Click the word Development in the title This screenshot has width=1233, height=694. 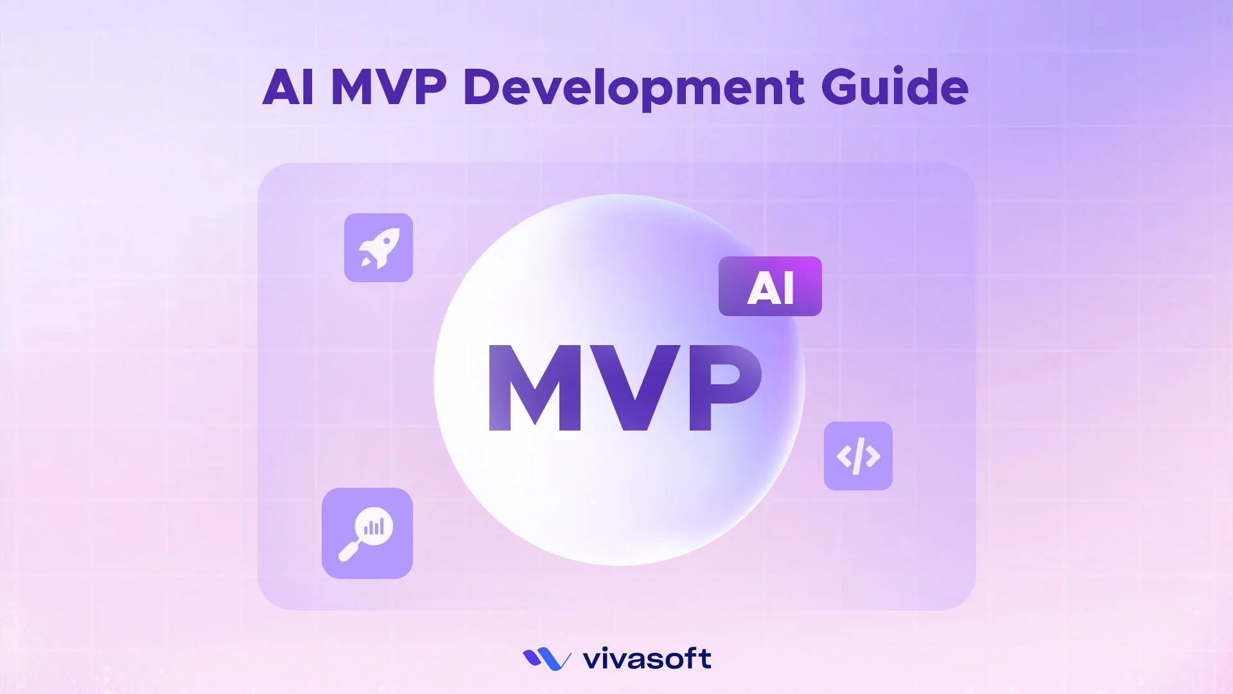tap(633, 88)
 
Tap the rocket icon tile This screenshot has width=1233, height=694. tap(378, 247)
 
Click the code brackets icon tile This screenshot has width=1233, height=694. tap(858, 456)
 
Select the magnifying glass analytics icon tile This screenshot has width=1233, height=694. tap(367, 533)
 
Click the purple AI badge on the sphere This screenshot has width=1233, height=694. tap(770, 287)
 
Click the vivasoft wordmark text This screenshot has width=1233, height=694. tap(646, 659)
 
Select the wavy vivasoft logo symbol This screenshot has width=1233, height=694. tap(547, 659)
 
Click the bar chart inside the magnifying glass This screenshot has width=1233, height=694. tap(374, 527)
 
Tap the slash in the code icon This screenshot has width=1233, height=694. tap(859, 456)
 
